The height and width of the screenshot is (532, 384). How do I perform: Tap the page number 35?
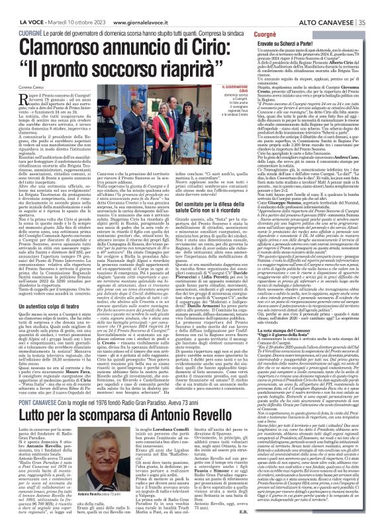click(377, 6)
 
